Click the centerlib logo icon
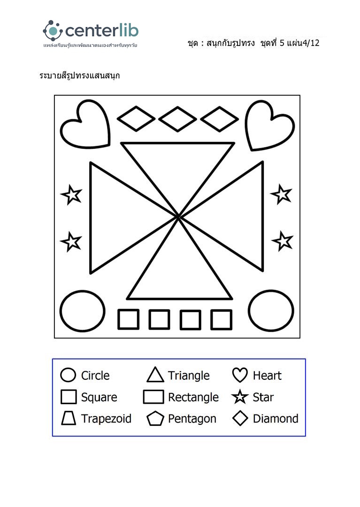(53, 31)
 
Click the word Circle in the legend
(95, 376)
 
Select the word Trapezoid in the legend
(106, 418)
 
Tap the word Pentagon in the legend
(192, 418)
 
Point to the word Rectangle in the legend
(193, 397)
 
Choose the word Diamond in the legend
(276, 418)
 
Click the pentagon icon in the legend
(155, 418)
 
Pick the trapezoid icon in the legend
(69, 418)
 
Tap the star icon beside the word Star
(240, 397)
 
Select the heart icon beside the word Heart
(240, 375)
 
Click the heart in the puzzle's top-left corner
(85, 124)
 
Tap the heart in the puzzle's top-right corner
(270, 125)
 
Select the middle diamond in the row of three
(177, 119)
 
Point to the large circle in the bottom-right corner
(271, 310)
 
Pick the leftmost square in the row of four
(128, 319)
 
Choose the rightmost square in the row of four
(221, 319)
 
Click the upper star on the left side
(71, 195)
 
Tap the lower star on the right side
(283, 241)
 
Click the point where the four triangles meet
(179, 217)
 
